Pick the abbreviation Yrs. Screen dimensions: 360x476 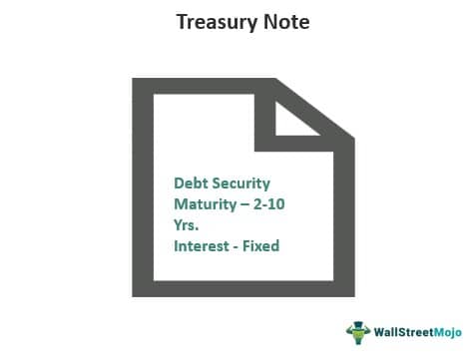186,224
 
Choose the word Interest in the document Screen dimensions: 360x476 201,244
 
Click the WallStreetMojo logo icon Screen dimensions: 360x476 357,332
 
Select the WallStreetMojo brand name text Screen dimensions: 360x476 418,333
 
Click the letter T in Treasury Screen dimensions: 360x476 181,21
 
